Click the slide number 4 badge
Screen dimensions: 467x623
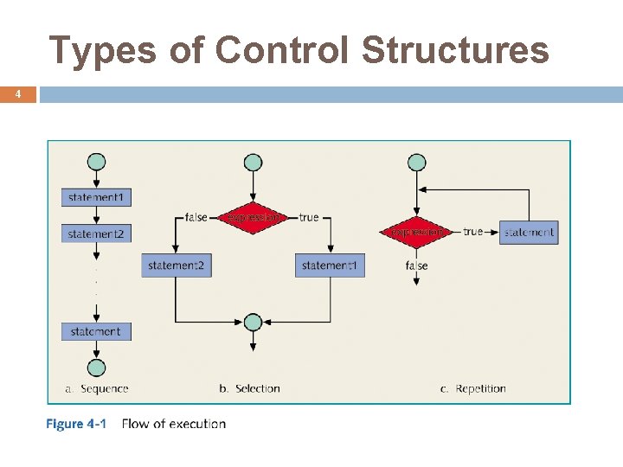coord(18,93)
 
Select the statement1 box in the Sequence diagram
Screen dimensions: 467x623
coord(96,198)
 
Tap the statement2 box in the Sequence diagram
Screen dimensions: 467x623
coord(96,233)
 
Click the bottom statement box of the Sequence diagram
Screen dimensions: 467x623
coord(96,331)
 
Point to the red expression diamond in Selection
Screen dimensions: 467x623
coord(253,217)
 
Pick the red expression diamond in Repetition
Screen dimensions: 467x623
coord(416,232)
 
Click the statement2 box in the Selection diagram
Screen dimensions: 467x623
coord(176,265)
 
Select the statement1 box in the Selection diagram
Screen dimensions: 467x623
coord(330,265)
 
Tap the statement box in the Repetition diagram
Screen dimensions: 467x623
coord(529,232)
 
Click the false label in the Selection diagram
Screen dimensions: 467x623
coord(196,217)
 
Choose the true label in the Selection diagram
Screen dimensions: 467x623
coord(309,217)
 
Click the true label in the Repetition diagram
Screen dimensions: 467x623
coord(472,232)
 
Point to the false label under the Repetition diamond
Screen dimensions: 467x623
coord(416,265)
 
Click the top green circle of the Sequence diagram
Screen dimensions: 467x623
coord(97,162)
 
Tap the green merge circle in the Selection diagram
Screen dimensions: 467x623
coord(253,323)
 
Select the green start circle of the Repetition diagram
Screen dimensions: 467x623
coord(417,162)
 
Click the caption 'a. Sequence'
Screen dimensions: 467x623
coord(97,389)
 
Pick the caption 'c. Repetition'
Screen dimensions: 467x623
coord(472,389)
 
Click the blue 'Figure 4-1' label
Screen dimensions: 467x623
coord(76,424)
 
